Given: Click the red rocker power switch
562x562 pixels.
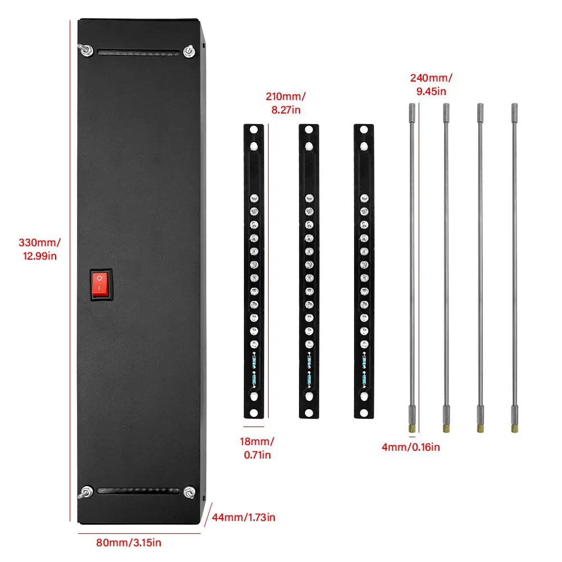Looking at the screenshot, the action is coord(101,284).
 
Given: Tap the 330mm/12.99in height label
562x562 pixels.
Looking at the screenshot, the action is coord(39,249).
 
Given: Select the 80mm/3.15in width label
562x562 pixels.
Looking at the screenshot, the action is coord(129,543).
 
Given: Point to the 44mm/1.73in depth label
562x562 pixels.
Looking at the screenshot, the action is coord(244,517).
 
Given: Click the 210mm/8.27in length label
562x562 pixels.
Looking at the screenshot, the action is coord(285,103).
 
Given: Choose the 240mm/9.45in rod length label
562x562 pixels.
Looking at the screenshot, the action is coord(431,84).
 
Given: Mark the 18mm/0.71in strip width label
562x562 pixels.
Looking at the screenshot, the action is coord(257,448).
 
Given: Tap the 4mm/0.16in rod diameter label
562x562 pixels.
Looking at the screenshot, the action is coord(411,447).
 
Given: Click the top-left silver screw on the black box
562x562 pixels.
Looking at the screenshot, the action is coord(85,50).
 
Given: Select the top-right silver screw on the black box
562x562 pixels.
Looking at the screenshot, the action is coord(189,51).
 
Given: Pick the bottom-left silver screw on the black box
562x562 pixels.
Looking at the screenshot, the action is coord(85,492).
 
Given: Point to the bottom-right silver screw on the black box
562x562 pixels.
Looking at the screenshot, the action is coord(189,492).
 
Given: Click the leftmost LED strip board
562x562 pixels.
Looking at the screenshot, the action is coord(254,271).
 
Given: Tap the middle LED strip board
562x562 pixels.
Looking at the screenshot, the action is coord(309,271).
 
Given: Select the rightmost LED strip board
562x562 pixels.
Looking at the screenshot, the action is coord(364,271).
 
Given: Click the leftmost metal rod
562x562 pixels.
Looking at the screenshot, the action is coord(412,268).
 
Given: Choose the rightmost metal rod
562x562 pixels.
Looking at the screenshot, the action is coord(514,268).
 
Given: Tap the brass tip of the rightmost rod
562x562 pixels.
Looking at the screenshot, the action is coord(514,429).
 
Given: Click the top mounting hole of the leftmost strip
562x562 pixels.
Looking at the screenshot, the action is coord(254,129).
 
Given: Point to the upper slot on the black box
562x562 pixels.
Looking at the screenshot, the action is coord(138,53).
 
